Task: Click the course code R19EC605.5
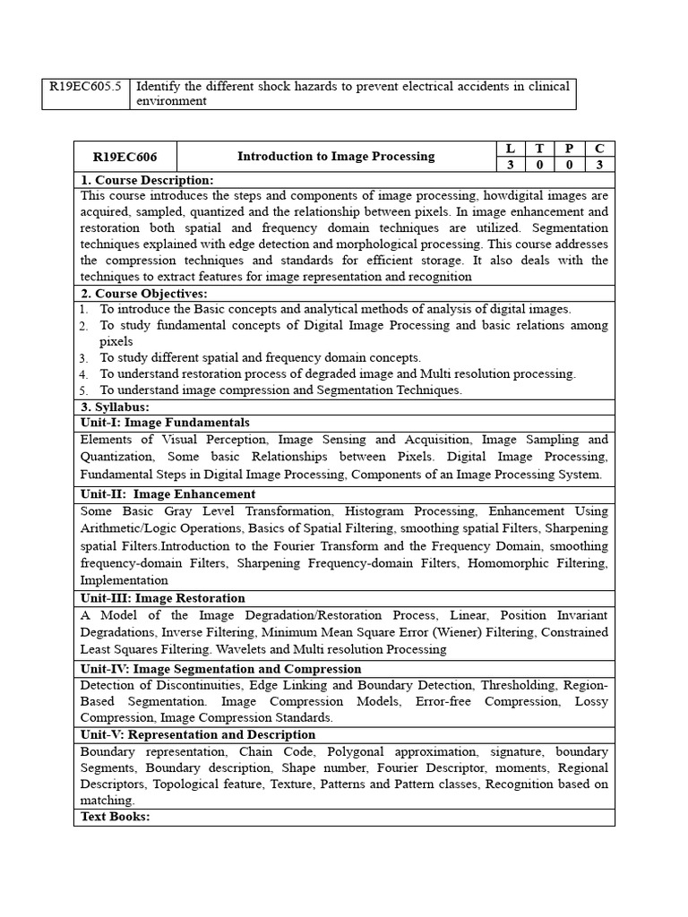[x=85, y=87]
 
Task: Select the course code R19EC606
[x=125, y=157]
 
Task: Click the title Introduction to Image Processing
[x=336, y=157]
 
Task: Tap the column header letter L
[x=510, y=149]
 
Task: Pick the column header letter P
[x=569, y=149]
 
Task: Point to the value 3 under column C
[x=599, y=165]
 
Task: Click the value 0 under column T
[x=539, y=165]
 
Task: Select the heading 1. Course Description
[x=147, y=180]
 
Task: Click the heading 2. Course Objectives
[x=144, y=294]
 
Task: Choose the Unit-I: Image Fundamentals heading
[x=165, y=423]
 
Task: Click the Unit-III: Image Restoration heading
[x=162, y=598]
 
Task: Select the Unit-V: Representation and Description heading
[x=198, y=734]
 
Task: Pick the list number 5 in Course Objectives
[x=82, y=390]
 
